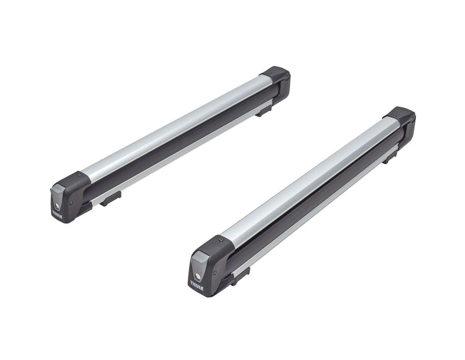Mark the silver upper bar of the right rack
304,181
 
